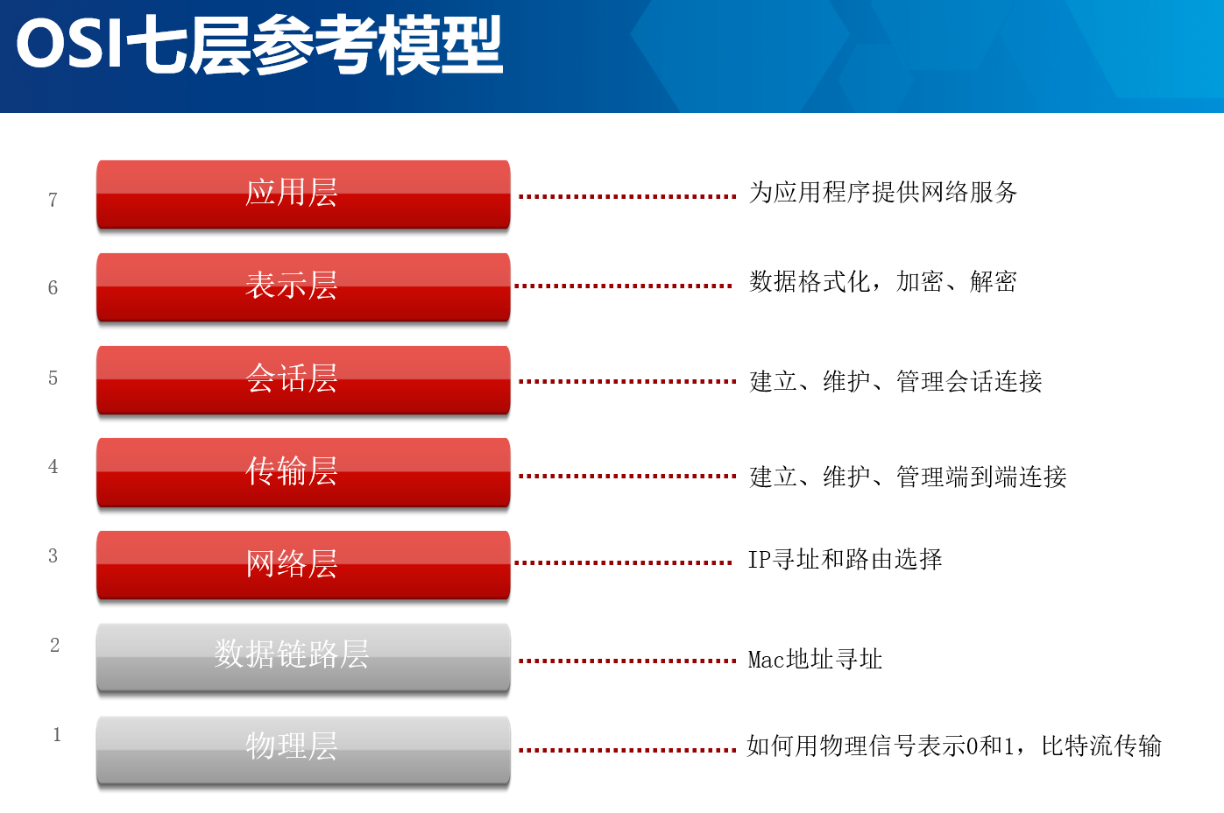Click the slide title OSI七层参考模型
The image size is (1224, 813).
tap(259, 45)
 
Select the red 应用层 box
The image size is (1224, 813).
tap(303, 194)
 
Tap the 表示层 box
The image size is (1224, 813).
tap(303, 287)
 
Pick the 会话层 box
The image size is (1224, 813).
tap(303, 380)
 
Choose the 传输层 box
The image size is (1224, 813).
tap(303, 472)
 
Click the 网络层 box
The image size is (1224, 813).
tap(303, 565)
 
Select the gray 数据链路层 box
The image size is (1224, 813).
tap(303, 659)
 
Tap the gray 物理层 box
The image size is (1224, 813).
tap(303, 751)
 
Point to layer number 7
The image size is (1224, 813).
tap(53, 200)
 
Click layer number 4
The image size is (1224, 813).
tap(53, 467)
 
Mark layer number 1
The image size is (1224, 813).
tap(57, 734)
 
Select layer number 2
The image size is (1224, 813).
tap(54, 646)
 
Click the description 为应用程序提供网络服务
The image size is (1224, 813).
tap(883, 193)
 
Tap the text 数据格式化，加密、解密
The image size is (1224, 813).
tap(883, 282)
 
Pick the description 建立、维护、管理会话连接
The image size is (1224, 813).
tap(895, 381)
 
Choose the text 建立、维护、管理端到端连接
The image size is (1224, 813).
tap(908, 477)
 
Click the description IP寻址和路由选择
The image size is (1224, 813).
tap(845, 560)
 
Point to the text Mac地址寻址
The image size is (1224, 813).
tap(815, 660)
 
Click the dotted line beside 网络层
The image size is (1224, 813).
tap(623, 562)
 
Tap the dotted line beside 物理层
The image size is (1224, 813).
tap(627, 750)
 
